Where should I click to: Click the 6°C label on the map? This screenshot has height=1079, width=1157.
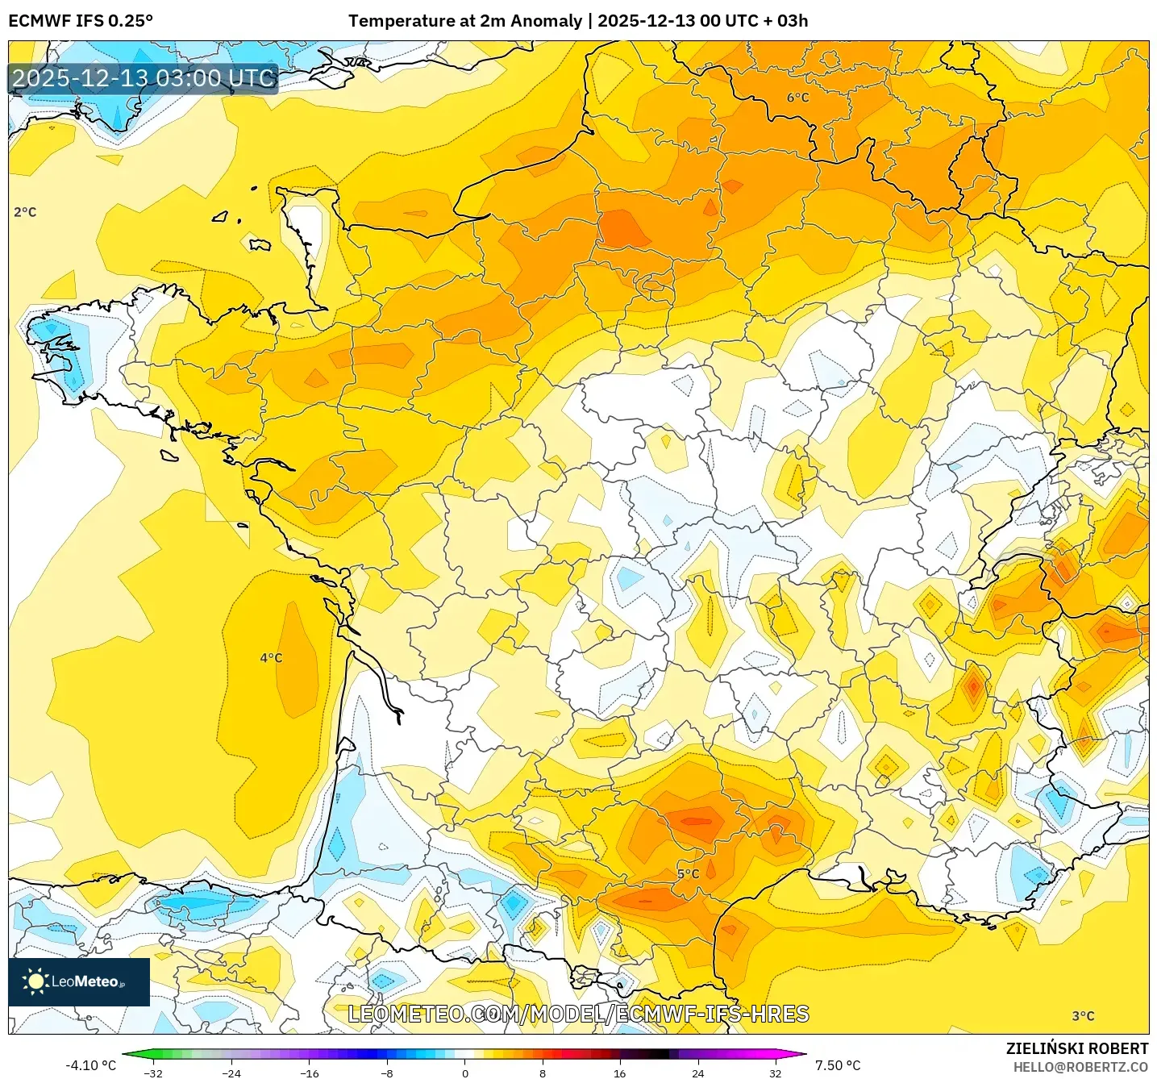tap(797, 98)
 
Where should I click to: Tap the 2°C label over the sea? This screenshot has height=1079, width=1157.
tap(25, 212)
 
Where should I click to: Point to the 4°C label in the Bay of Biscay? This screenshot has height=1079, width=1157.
tap(271, 658)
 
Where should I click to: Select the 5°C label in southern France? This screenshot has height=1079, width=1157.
tap(688, 874)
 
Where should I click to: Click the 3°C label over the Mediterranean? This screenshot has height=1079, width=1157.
tap(1083, 1016)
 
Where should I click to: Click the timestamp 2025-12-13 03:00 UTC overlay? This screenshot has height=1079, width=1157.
tap(144, 78)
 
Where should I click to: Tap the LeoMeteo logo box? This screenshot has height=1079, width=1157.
tap(79, 981)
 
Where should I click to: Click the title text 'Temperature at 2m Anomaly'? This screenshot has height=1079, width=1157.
tap(465, 21)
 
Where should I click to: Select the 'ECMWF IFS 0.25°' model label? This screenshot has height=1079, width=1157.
tap(81, 21)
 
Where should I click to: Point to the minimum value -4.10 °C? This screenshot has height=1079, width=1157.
tap(90, 1065)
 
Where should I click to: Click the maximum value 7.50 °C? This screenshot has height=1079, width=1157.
tap(838, 1065)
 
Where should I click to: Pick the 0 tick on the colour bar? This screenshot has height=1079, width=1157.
tap(464, 1073)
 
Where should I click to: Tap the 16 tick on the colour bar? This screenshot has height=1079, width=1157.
tap(619, 1073)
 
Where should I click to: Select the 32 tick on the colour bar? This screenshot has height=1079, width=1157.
tap(775, 1073)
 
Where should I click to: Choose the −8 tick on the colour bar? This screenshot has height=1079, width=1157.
tap(387, 1073)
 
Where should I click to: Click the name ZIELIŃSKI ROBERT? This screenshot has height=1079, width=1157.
tap(1076, 1048)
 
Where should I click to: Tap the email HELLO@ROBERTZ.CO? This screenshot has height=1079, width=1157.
tap(1080, 1067)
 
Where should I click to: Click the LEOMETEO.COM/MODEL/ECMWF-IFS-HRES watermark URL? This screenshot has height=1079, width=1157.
tap(578, 1014)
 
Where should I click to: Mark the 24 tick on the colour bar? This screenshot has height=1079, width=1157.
tap(697, 1073)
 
